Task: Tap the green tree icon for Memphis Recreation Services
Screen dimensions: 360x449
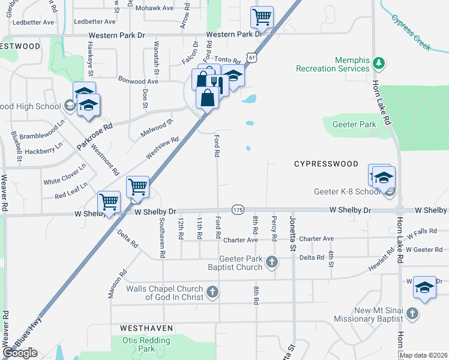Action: (x=379, y=62)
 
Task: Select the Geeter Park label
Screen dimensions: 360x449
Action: (x=354, y=125)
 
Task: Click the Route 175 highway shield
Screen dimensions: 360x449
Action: (x=238, y=209)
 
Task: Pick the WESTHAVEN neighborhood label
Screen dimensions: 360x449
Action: (x=146, y=329)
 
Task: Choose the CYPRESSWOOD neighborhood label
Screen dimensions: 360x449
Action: (x=326, y=164)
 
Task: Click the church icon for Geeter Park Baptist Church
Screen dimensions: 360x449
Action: (x=272, y=261)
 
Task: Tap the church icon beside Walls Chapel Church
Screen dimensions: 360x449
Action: (x=211, y=292)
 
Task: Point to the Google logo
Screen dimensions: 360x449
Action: (x=20, y=353)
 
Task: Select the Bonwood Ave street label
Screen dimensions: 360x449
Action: (x=138, y=80)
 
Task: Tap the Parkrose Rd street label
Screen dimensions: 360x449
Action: (x=95, y=137)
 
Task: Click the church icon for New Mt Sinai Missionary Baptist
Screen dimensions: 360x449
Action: (x=412, y=313)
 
